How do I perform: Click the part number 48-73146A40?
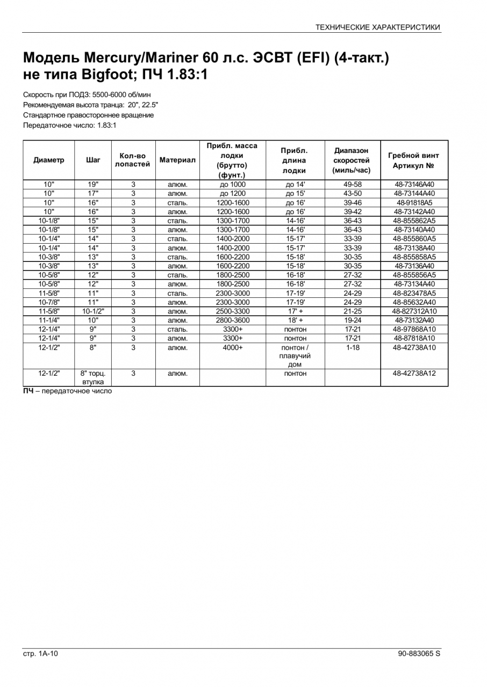pos(414,184)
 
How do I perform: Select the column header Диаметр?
pos(48,160)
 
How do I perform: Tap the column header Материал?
pos(177,160)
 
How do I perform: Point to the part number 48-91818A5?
pos(414,202)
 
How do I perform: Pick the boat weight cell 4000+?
pos(233,348)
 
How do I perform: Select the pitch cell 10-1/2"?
pos(93,311)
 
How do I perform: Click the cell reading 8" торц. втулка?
pos(93,377)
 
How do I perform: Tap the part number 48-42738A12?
pos(414,374)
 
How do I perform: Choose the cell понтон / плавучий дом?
pos(295,356)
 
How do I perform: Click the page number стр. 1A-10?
pos(40,653)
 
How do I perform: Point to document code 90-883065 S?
pos(419,653)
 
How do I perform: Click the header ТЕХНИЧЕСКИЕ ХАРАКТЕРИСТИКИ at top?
pos(377,27)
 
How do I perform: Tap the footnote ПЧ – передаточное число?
pos(67,391)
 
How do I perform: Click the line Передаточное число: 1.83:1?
pos(70,125)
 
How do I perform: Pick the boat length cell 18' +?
pos(295,320)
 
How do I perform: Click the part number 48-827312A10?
pos(414,311)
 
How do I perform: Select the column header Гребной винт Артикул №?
pos(414,160)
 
